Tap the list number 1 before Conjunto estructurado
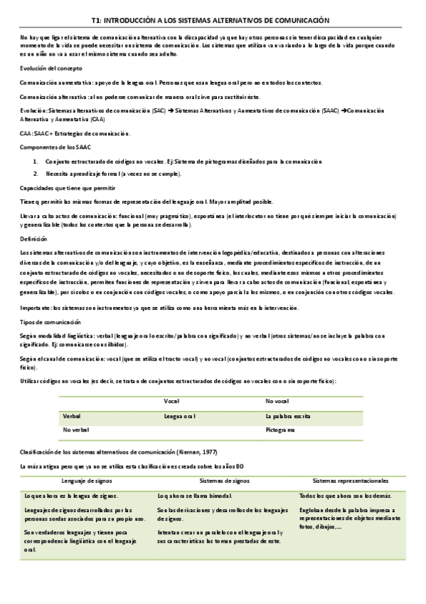click(x=36, y=161)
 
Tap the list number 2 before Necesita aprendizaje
click(x=36, y=174)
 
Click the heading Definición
click(x=33, y=240)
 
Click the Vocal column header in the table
click(x=171, y=402)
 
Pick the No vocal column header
click(x=277, y=402)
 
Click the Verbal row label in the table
click(x=72, y=416)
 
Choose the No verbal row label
click(x=76, y=430)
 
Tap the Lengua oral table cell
click(x=179, y=416)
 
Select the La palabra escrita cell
click(x=287, y=416)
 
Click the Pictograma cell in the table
click(x=280, y=430)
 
